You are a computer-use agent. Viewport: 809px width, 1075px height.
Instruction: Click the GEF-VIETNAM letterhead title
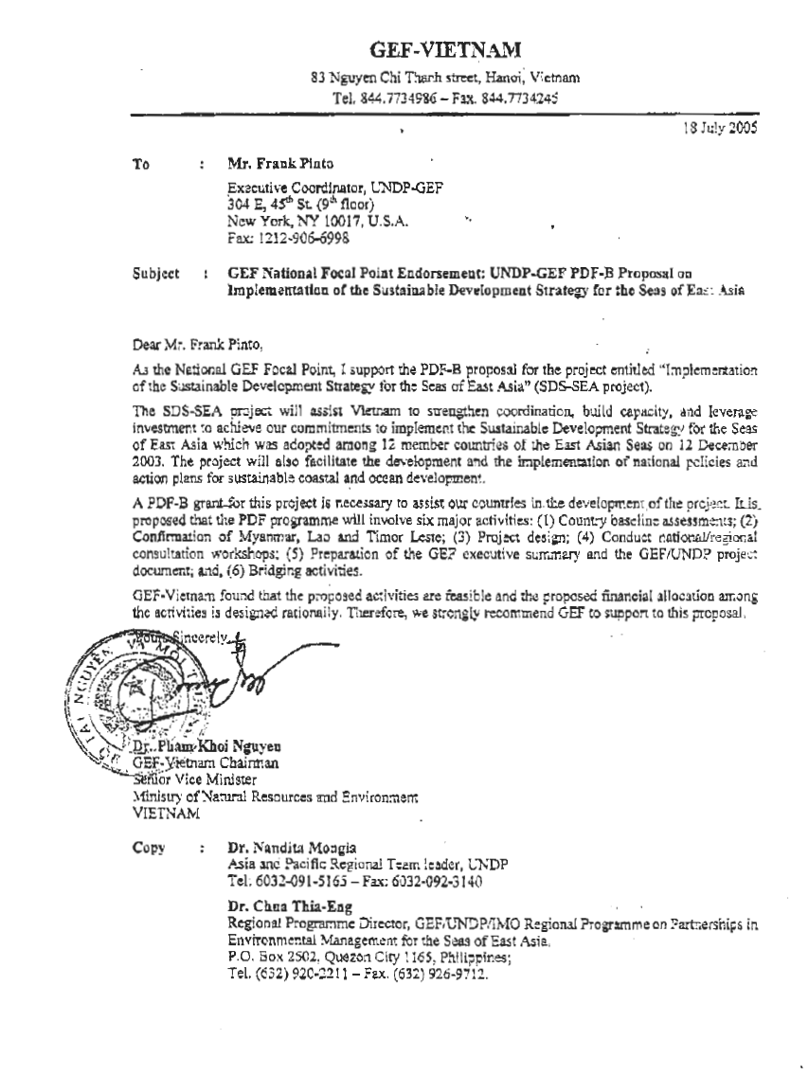point(444,49)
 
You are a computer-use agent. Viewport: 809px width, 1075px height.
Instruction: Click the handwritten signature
point(227,673)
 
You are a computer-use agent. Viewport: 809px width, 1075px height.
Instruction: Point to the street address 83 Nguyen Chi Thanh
point(379,77)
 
